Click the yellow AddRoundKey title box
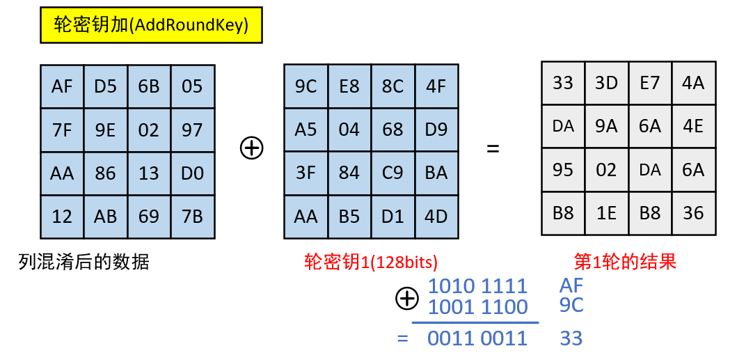pyautogui.click(x=151, y=26)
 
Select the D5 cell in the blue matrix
pyautogui.click(x=105, y=86)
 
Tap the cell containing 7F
pyautogui.click(x=62, y=130)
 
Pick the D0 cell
pyautogui.click(x=192, y=173)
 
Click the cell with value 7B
pyautogui.click(x=192, y=217)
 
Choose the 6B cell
pyautogui.click(x=148, y=86)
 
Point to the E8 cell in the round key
pyautogui.click(x=349, y=86)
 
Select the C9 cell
pyautogui.click(x=393, y=173)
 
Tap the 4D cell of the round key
pyautogui.click(x=436, y=217)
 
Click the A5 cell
pyautogui.click(x=306, y=130)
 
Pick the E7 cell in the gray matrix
pyautogui.click(x=649, y=84)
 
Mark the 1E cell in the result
pyautogui.click(x=606, y=213)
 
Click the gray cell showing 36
pyautogui.click(x=693, y=213)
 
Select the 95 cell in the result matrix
pyautogui.click(x=562, y=170)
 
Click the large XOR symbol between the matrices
pyautogui.click(x=252, y=148)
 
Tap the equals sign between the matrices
pyautogui.click(x=493, y=148)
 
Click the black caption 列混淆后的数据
pyautogui.click(x=84, y=262)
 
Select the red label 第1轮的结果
pyautogui.click(x=625, y=262)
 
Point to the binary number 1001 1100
pyautogui.click(x=477, y=306)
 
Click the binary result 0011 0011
pyautogui.click(x=477, y=338)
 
